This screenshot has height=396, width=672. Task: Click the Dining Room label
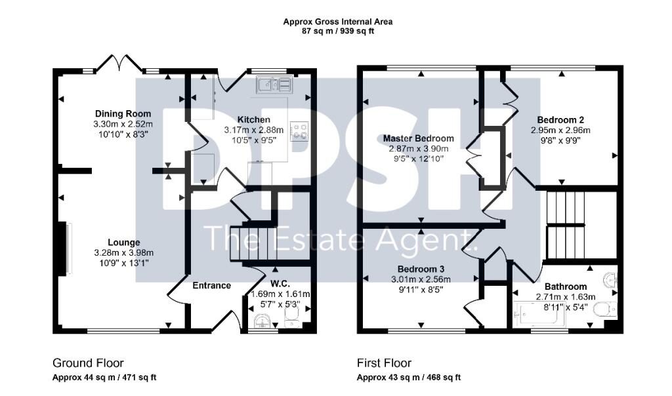pos(123,114)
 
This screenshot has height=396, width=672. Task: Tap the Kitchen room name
pos(254,120)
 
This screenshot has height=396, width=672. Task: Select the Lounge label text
pos(124,243)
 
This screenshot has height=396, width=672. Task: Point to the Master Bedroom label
pos(418,138)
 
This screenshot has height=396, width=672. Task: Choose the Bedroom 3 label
pos(421,269)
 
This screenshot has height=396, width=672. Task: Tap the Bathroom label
pos(566,287)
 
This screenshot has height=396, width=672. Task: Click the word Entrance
pos(212,286)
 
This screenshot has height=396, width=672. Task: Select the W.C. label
pos(280,284)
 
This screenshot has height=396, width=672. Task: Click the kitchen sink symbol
pos(274,85)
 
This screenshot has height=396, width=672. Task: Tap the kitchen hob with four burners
pos(299,131)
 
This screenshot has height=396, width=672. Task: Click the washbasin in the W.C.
pos(262,321)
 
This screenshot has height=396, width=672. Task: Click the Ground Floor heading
pos(89,363)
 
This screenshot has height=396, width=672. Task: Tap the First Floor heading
pos(385,363)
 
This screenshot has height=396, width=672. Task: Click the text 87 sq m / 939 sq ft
pos(338,31)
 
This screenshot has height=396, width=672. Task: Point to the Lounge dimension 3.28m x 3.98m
pos(124,253)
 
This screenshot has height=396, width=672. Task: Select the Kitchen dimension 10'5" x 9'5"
pos(254,140)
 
